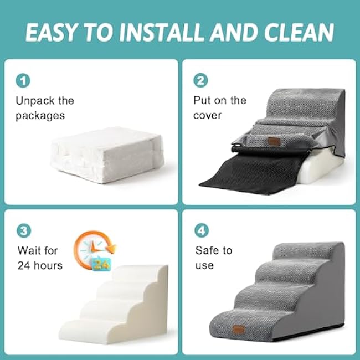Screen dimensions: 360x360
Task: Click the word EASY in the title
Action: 51,32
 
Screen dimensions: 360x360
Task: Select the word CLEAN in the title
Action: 299,32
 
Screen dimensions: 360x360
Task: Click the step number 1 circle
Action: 23,81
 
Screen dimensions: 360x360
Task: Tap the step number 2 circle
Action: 200,80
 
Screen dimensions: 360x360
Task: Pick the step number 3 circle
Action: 24,230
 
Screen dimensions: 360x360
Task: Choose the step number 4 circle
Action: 202,230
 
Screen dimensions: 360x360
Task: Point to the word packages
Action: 40,116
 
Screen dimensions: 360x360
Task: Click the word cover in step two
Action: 207,116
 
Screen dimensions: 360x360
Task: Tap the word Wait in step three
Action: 29,250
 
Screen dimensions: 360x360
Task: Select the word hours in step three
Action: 48,265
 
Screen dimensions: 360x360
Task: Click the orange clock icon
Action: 94,250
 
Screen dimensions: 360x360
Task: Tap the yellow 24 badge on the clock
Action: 102,265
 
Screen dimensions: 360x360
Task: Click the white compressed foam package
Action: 107,155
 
